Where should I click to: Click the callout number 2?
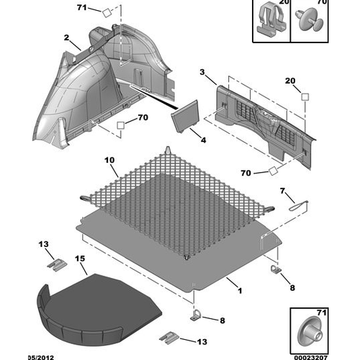(66, 37)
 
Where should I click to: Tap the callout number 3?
(202, 72)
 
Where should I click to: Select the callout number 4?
(203, 140)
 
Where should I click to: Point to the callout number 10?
(109, 160)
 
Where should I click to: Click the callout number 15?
(80, 258)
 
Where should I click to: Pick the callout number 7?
(282, 191)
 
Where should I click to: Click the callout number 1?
(240, 291)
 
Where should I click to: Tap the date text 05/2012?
(41, 358)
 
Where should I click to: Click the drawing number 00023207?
(311, 358)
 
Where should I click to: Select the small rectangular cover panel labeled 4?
(185, 116)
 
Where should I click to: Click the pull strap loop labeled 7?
(298, 206)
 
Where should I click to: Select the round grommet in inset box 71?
(310, 331)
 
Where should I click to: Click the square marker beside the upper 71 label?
(107, 13)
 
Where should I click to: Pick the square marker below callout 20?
(305, 97)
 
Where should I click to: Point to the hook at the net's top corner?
(168, 150)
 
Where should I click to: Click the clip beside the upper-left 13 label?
(57, 265)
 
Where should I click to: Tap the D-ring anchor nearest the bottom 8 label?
(196, 315)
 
